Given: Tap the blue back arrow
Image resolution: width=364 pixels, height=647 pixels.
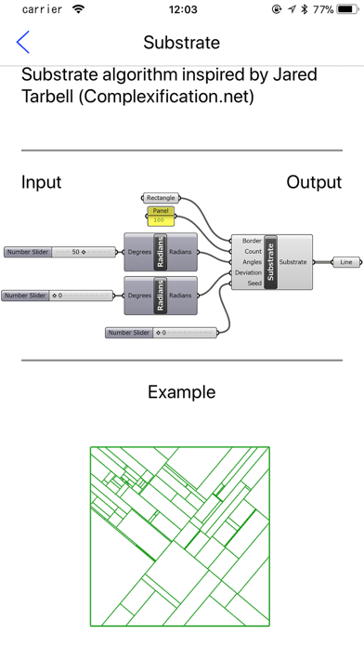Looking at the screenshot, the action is click(x=22, y=42).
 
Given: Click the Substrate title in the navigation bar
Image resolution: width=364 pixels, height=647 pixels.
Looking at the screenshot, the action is click(x=181, y=43).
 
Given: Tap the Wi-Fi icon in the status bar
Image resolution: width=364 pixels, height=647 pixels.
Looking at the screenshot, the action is click(x=78, y=9).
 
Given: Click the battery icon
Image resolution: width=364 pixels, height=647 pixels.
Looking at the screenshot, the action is click(x=347, y=9).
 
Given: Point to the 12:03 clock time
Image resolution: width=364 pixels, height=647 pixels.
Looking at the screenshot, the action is click(x=183, y=9).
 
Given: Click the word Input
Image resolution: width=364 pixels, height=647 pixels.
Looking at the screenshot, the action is click(x=41, y=182).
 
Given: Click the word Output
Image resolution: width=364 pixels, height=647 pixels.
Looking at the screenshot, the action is click(x=314, y=182).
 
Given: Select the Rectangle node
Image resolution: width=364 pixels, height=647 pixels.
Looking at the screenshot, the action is click(x=161, y=198).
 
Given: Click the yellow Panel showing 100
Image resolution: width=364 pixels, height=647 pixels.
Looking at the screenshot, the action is click(x=161, y=216).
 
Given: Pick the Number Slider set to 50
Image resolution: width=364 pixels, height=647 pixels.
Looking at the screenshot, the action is click(x=60, y=252).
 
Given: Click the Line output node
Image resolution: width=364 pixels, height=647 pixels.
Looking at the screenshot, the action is click(x=346, y=262).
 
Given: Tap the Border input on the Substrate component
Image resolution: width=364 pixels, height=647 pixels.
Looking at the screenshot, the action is click(x=252, y=241).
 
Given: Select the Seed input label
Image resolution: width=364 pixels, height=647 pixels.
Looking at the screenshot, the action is click(x=254, y=283).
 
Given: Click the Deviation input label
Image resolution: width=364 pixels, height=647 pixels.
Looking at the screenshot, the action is click(x=248, y=272).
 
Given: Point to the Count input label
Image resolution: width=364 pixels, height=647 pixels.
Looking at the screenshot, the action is click(x=253, y=251).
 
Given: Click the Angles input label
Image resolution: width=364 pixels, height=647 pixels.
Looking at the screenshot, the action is click(x=252, y=262).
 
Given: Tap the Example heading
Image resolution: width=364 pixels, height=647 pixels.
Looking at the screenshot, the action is click(x=182, y=392).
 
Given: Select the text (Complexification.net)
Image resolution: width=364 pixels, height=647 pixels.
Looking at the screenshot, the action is click(x=165, y=96).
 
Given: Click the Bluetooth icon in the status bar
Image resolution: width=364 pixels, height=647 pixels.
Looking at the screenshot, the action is click(x=305, y=9).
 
